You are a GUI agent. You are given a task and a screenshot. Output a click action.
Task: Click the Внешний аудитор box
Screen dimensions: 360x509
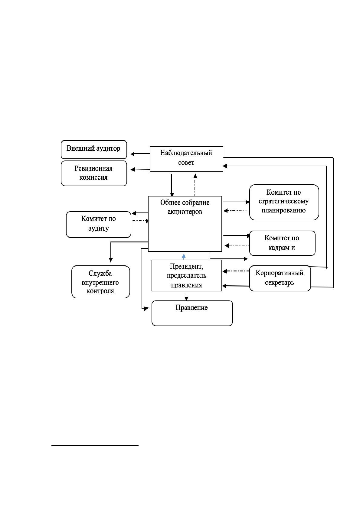tap(94, 150)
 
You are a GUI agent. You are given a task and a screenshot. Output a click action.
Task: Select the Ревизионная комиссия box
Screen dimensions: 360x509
tap(94, 173)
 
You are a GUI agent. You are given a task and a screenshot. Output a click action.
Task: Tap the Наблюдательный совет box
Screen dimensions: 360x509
tap(186, 159)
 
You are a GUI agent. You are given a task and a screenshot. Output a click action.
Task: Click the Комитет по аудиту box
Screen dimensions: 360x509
tap(99, 225)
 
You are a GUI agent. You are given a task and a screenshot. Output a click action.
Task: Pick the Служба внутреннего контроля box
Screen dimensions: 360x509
tap(100, 282)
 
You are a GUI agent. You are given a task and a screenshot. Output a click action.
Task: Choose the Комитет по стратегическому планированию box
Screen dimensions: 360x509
tap(284, 202)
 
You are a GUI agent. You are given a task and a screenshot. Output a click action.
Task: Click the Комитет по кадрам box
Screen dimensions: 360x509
tap(282, 243)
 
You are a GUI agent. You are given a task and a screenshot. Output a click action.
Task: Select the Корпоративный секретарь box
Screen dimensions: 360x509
tap(280, 278)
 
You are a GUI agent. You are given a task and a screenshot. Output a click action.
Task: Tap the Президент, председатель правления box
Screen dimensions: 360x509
tap(187, 275)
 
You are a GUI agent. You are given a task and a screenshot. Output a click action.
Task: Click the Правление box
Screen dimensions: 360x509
tap(192, 313)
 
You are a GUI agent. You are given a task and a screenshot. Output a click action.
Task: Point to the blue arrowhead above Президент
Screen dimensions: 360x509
tap(184, 256)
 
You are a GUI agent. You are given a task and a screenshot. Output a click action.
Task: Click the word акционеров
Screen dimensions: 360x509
tap(185, 212)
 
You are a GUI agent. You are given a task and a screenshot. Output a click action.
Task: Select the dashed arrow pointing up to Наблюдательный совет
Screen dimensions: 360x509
tap(195, 185)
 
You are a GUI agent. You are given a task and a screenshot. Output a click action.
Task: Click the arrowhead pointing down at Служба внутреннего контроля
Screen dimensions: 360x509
tap(111, 260)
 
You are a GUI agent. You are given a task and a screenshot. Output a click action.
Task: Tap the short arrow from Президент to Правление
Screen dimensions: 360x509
tap(186, 297)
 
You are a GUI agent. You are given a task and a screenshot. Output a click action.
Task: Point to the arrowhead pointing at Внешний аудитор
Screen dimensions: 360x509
tap(133, 154)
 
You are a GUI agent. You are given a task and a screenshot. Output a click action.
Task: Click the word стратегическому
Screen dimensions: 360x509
tap(283, 202)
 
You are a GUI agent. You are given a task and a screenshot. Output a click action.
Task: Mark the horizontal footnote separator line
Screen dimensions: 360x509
tap(95, 446)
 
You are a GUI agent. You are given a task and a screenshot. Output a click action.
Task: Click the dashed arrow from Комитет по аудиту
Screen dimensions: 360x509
tap(141, 221)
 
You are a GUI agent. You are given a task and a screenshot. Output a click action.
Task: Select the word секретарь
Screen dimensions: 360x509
tap(280, 283)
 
